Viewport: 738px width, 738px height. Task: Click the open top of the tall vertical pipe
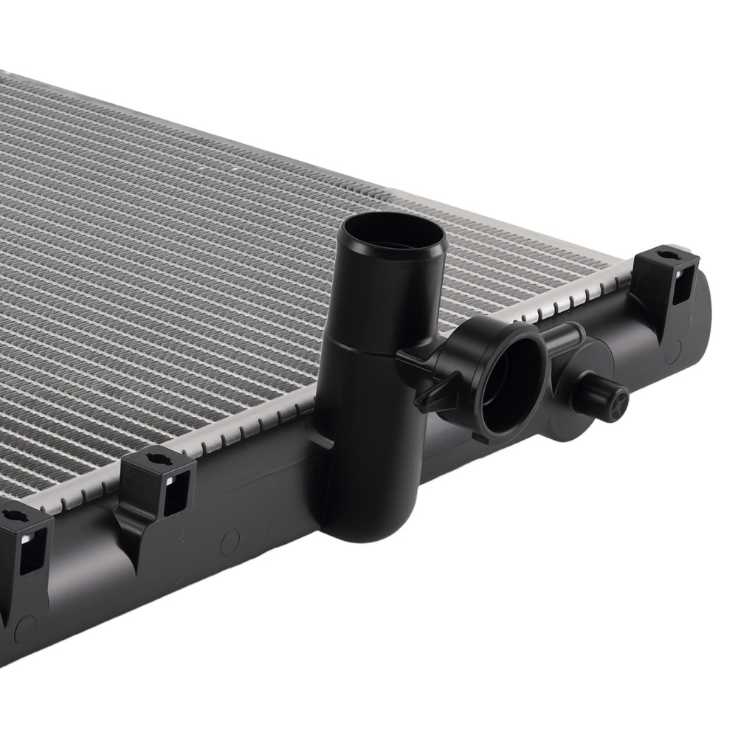click(x=391, y=235)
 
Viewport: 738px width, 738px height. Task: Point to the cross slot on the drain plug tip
click(x=621, y=402)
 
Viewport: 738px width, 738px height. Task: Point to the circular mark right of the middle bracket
click(x=230, y=542)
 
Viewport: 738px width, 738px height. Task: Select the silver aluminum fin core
click(x=184, y=258)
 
